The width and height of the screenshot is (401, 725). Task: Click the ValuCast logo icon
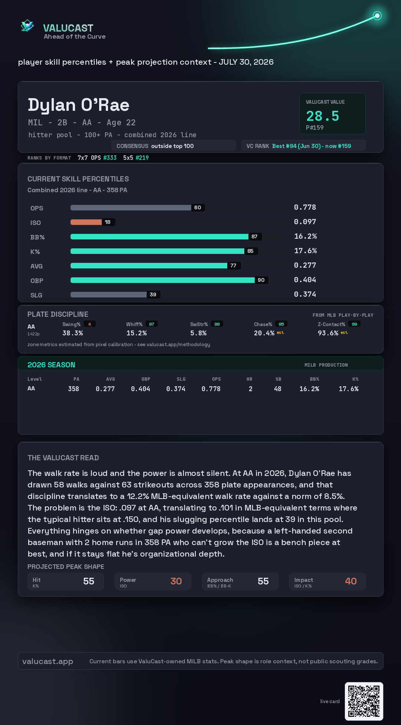click(27, 26)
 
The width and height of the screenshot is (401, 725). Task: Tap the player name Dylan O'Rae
click(79, 105)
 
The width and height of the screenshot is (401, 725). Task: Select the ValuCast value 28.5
click(323, 116)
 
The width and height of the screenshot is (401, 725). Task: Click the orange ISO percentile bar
click(86, 222)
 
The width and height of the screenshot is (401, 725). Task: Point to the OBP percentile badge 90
click(261, 280)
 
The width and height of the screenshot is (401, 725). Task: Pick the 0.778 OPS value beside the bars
click(305, 207)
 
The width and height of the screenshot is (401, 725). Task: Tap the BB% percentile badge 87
click(255, 236)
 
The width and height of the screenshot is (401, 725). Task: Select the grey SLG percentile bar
click(108, 294)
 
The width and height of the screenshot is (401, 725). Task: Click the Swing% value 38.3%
click(73, 333)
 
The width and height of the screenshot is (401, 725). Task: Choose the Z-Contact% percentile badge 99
click(355, 324)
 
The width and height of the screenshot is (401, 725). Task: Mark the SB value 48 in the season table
click(278, 389)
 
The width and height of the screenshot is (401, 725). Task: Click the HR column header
click(250, 379)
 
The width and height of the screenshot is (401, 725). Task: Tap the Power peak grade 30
click(176, 581)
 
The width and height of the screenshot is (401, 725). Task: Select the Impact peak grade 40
click(351, 581)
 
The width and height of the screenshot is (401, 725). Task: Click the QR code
click(364, 701)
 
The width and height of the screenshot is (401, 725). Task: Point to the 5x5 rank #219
click(142, 158)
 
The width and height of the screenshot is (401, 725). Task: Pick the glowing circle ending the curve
click(377, 16)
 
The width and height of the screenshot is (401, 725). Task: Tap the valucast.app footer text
click(48, 661)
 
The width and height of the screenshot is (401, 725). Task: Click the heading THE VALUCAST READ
click(63, 458)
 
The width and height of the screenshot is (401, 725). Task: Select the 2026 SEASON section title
click(51, 365)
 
